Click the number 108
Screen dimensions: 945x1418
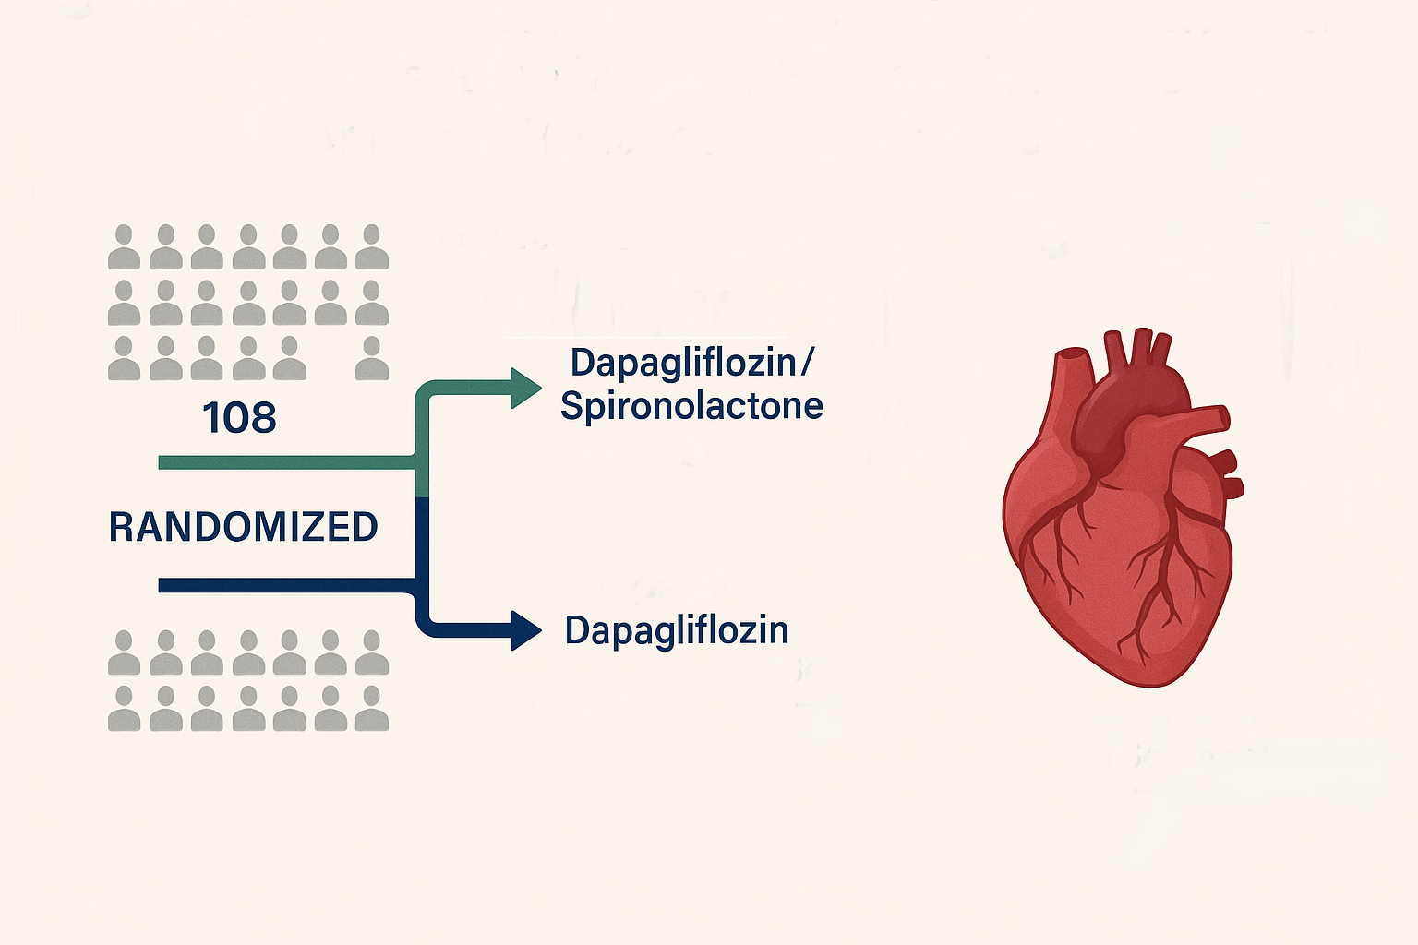click(x=239, y=418)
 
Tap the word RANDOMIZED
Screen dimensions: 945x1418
click(x=244, y=527)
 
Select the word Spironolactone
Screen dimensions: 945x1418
click(x=691, y=406)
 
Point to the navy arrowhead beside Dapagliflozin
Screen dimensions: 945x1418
click(x=526, y=630)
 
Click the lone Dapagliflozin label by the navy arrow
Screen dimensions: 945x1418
click(x=677, y=630)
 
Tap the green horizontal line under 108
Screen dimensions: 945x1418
click(x=286, y=462)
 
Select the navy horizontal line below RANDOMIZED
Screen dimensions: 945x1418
click(x=286, y=585)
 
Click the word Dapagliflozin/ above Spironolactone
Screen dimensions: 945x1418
click(x=691, y=363)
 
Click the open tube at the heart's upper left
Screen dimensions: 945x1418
click(x=1071, y=356)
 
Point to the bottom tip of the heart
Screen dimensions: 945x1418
click(x=1154, y=681)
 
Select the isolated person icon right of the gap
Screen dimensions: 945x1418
click(x=372, y=359)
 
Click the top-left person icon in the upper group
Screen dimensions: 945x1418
click(x=125, y=246)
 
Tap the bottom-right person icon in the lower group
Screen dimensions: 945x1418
click(x=372, y=709)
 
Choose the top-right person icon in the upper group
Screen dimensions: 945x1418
click(x=372, y=246)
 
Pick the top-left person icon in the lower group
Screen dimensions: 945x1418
click(x=125, y=653)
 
